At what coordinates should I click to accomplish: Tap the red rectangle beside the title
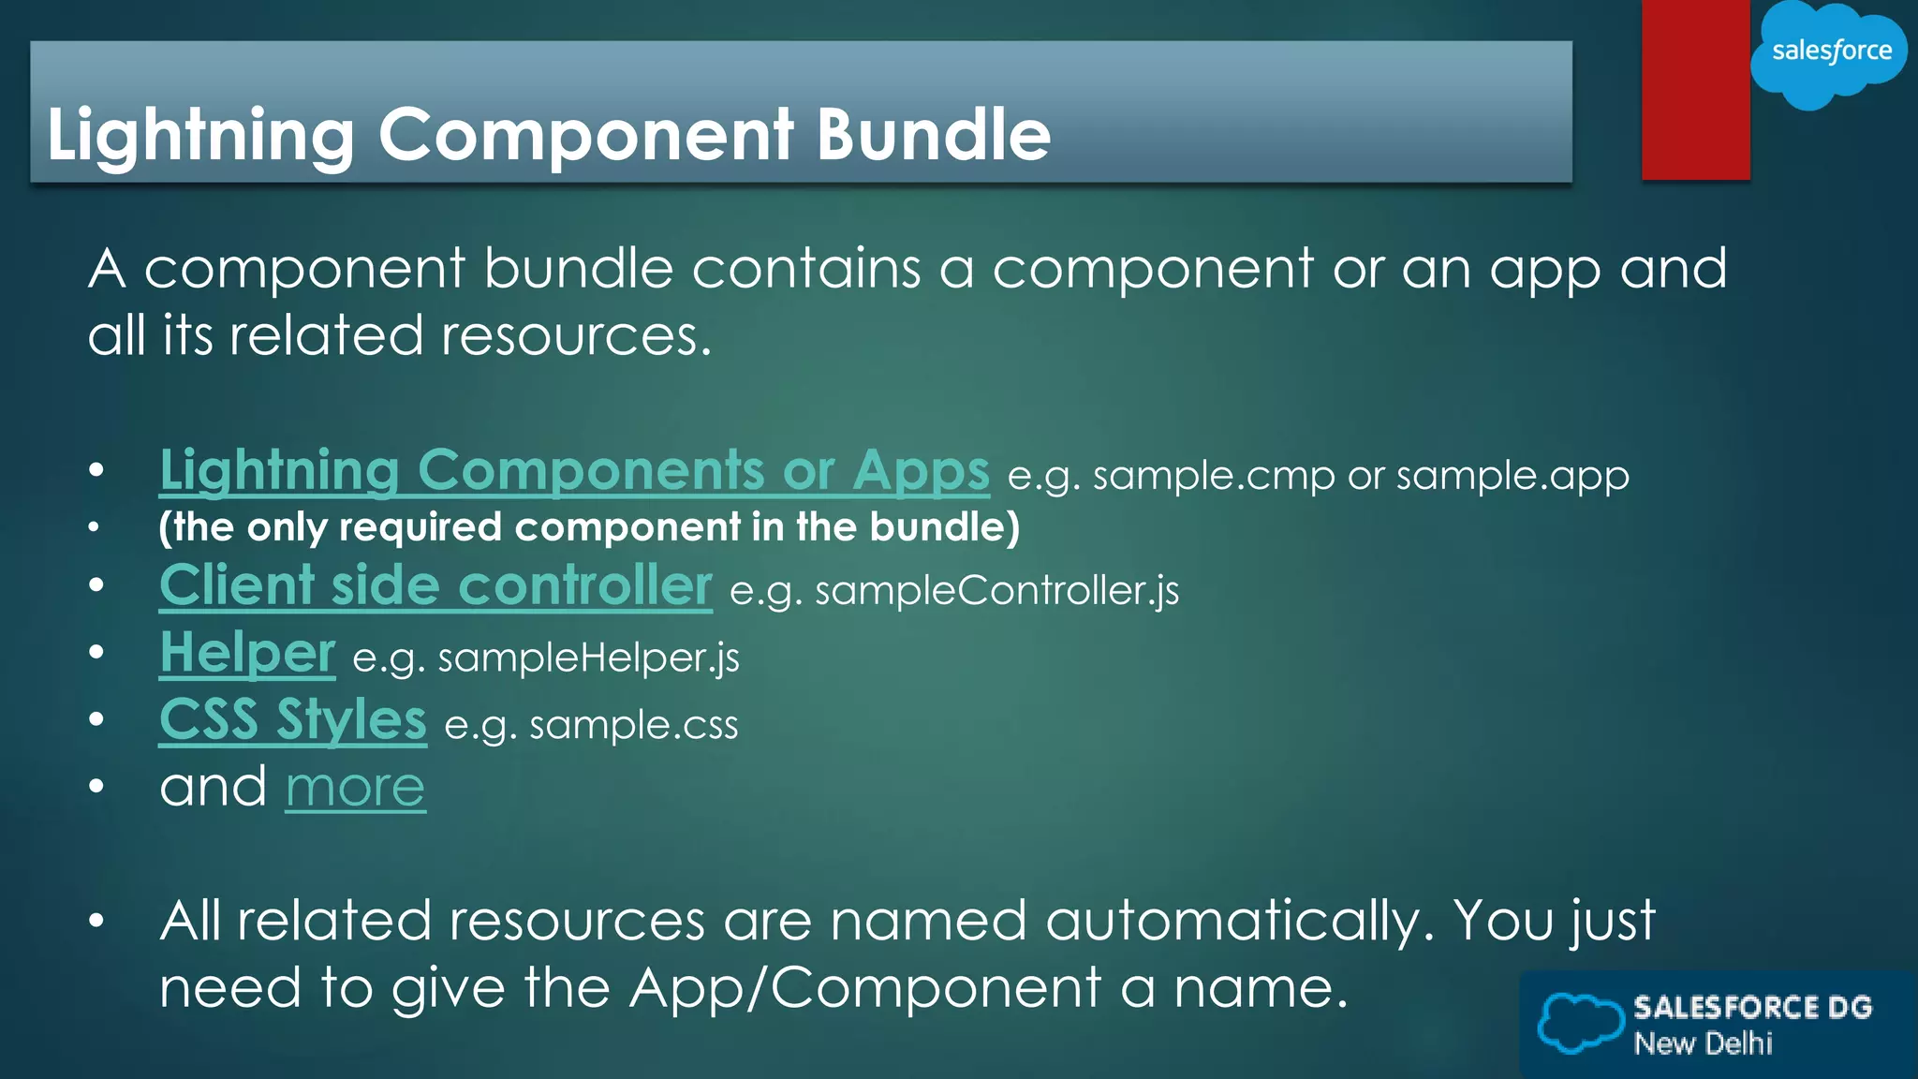[x=1695, y=90]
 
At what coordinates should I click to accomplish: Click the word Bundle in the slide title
[x=933, y=134]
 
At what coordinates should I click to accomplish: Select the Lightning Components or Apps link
[x=574, y=470]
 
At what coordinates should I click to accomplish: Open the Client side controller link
[x=435, y=586]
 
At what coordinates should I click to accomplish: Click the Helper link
[x=247, y=653]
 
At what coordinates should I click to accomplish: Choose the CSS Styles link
[x=292, y=720]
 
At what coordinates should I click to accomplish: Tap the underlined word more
[x=355, y=788]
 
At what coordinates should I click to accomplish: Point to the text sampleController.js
[x=996, y=591]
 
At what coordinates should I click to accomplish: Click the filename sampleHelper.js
[x=588, y=658]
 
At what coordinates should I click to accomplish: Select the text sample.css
[x=633, y=726]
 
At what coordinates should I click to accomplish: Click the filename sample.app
[x=1512, y=476]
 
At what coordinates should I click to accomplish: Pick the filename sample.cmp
[x=1214, y=476]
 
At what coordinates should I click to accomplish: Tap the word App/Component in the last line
[x=865, y=988]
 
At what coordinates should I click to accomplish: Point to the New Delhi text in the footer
[x=1703, y=1043]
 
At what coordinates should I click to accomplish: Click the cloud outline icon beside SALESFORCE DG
[x=1580, y=1023]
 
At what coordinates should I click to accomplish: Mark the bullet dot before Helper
[x=96, y=652]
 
